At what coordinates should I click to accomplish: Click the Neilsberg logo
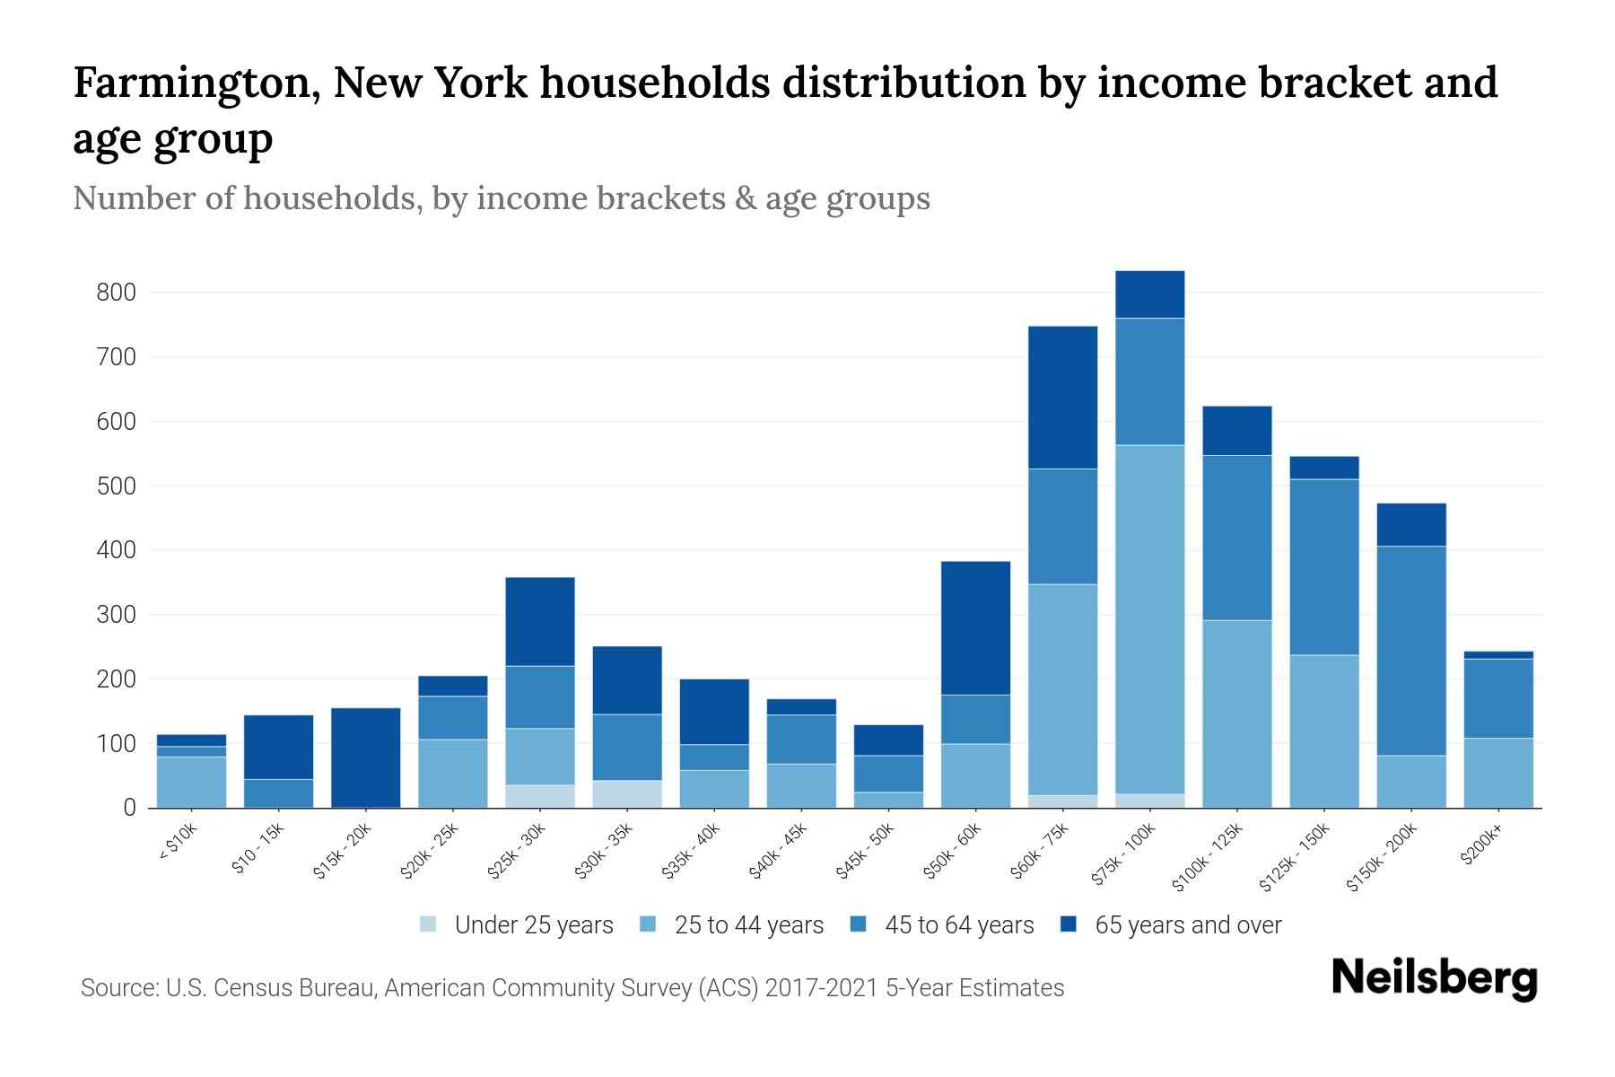coord(1434,978)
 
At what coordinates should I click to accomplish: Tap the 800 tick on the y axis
coord(117,293)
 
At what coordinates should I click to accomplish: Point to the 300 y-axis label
coord(117,615)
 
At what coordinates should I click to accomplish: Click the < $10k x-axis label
coord(178,845)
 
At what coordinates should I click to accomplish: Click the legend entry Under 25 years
coord(533,925)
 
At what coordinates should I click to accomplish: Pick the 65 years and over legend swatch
coord(1069,924)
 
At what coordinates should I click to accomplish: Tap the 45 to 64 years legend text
coord(959,925)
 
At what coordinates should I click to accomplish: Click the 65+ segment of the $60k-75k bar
coord(1062,398)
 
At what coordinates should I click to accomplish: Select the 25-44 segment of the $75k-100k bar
coord(1149,619)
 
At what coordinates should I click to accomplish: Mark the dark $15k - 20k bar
coord(366,757)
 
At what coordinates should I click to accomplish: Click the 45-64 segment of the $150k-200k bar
coord(1411,651)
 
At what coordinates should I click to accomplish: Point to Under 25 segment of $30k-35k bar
coord(627,793)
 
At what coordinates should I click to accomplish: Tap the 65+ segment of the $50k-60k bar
coord(975,628)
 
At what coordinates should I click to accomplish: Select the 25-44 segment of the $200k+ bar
coord(1497,773)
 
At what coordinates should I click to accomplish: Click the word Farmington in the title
coord(196,83)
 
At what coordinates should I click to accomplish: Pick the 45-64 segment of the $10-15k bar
coord(279,792)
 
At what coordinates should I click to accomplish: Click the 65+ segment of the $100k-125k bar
coord(1237,431)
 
